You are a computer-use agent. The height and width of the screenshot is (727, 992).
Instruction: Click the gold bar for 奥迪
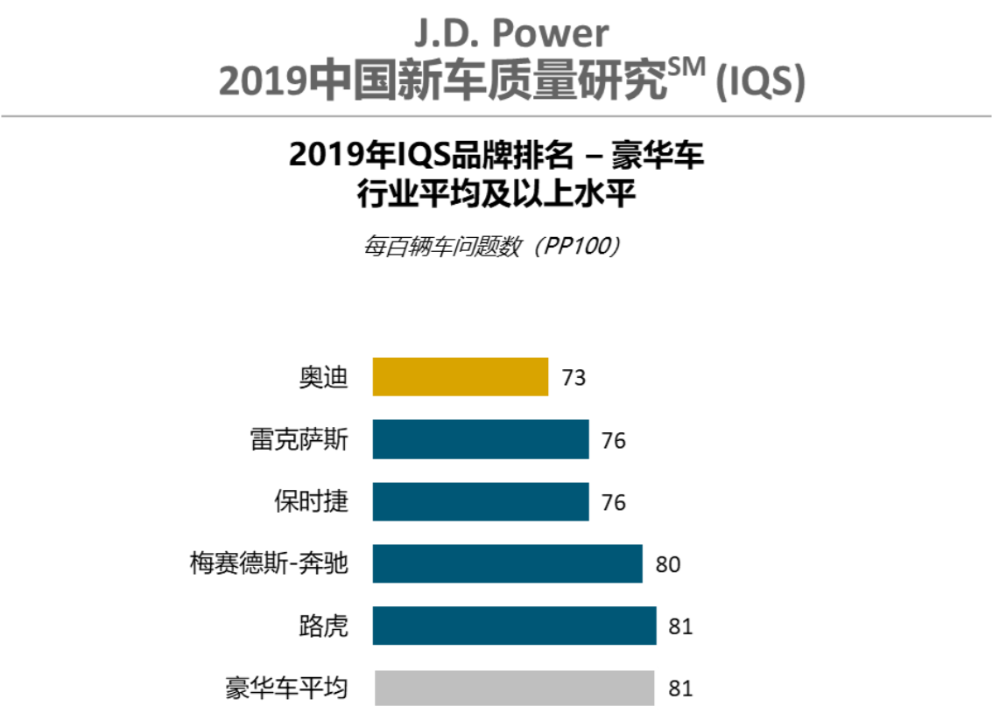click(460, 377)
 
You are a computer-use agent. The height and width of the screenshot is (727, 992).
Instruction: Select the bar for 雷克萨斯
click(480, 439)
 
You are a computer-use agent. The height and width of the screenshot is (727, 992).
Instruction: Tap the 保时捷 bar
click(480, 501)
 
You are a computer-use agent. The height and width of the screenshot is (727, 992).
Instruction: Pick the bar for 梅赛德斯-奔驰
click(507, 563)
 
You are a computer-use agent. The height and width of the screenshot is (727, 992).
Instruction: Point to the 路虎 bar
click(514, 626)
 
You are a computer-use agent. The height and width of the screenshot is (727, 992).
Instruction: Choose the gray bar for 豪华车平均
click(514, 688)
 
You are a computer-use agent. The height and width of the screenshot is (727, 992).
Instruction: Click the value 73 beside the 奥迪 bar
click(573, 378)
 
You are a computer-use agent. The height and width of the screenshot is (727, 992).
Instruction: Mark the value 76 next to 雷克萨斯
click(614, 440)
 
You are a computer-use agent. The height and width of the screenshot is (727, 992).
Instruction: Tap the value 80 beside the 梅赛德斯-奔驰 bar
click(667, 564)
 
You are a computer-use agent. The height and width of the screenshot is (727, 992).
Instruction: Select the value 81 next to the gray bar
click(680, 689)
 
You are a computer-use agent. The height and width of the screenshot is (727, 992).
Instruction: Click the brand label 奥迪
click(323, 378)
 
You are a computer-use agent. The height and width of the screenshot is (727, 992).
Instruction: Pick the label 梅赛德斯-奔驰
click(269, 564)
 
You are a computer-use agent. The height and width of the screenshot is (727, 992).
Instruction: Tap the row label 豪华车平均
click(286, 689)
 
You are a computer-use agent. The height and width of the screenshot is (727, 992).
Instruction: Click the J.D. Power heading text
click(511, 33)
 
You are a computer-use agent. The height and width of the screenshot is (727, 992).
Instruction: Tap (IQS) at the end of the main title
click(759, 82)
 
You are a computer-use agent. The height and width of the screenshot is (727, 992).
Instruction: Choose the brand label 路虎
click(323, 626)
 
